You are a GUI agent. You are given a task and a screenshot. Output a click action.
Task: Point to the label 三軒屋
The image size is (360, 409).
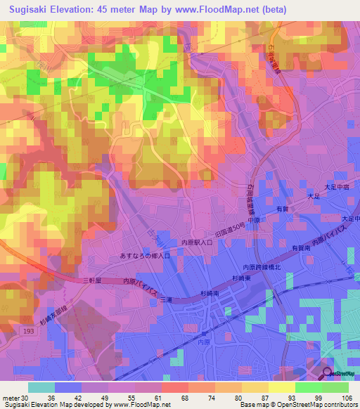pos(92,280)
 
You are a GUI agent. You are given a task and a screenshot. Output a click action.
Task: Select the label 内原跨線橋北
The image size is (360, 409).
pos(262,267)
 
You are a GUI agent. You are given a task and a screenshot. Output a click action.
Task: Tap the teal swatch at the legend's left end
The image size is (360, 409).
pos(41,387)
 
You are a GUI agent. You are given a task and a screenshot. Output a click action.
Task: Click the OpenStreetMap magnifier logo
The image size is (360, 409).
pos(328,373)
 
